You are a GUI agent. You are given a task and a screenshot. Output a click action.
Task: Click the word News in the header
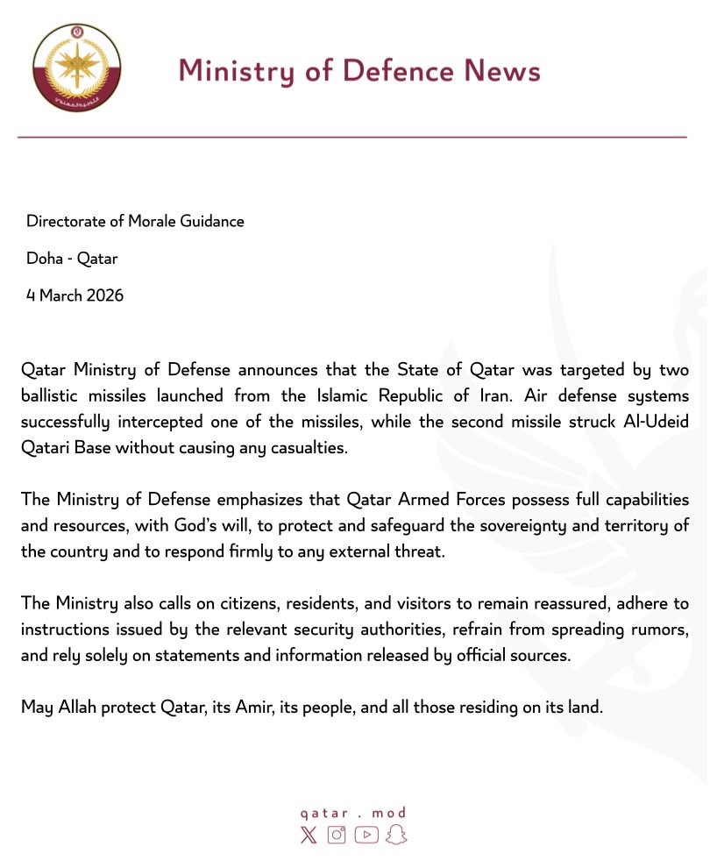(x=501, y=70)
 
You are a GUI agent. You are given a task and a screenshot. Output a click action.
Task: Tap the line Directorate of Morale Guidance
(x=135, y=221)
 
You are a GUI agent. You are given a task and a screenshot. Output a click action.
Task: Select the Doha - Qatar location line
(x=72, y=259)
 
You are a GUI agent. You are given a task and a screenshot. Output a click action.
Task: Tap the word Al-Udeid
(x=657, y=423)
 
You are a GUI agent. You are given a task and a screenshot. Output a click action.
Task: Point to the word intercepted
(x=152, y=423)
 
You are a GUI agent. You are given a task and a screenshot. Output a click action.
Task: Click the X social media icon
(x=309, y=835)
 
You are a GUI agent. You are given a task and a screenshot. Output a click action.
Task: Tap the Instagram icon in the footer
(x=337, y=835)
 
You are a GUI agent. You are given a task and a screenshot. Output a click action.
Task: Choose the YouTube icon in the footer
(x=366, y=835)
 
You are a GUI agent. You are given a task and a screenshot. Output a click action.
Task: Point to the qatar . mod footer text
(x=352, y=813)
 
